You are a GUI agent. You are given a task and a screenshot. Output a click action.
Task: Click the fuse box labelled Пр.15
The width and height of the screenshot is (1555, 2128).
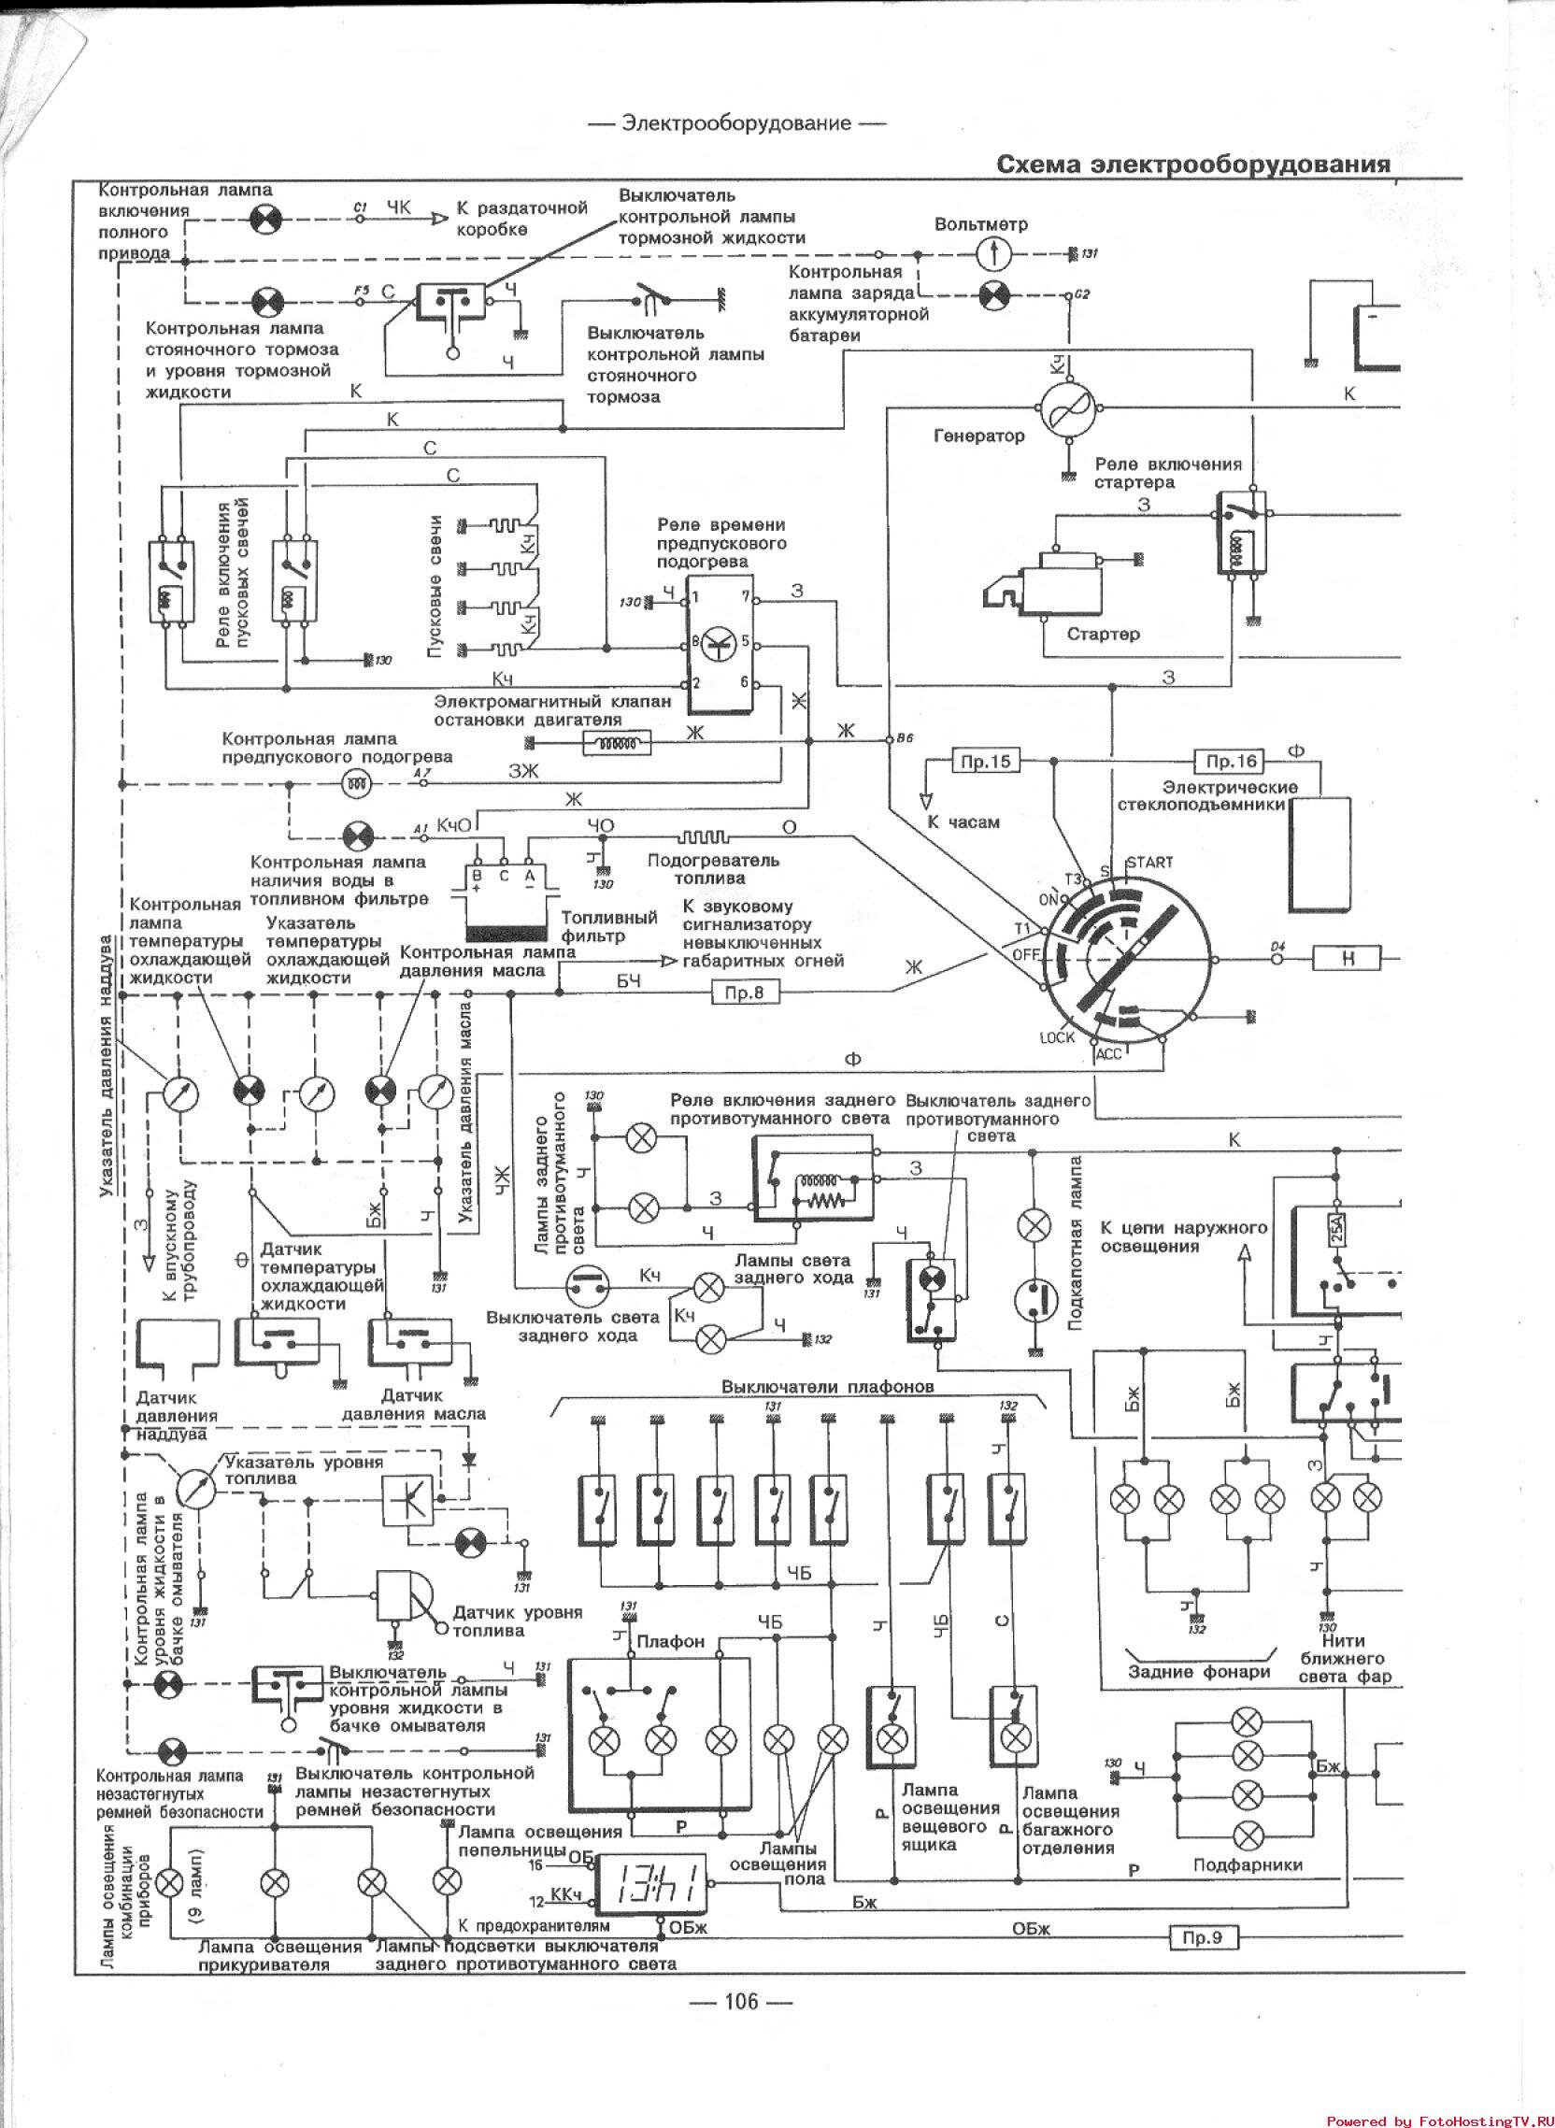987,762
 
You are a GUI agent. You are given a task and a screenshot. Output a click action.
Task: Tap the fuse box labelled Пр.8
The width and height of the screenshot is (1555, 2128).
745,992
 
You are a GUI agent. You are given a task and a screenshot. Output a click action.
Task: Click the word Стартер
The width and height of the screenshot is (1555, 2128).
1104,635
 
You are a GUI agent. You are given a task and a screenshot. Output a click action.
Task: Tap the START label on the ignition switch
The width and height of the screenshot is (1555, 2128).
1149,862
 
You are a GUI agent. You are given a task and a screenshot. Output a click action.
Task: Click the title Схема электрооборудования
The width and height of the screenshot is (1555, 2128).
1193,164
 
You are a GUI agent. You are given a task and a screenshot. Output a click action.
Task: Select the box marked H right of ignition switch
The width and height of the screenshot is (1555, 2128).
1348,959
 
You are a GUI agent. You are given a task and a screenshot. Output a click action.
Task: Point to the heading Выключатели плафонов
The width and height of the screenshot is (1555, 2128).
827,1386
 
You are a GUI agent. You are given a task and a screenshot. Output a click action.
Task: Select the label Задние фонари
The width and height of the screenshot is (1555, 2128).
1198,1673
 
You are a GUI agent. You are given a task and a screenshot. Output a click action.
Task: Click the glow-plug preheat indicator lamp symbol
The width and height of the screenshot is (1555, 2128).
356,781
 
